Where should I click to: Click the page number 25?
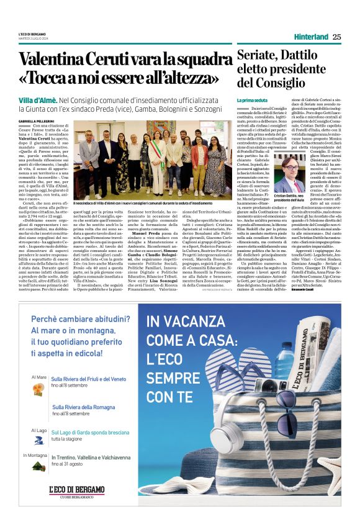pos(336,37)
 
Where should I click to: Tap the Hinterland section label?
pos(311,37)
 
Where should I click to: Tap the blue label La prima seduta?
pos(250,100)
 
